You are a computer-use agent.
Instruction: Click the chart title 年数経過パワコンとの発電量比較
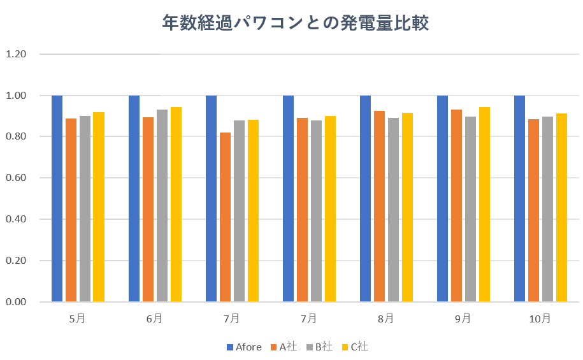[295, 24]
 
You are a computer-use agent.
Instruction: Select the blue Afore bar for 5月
[57, 198]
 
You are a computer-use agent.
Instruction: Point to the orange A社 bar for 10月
[533, 210]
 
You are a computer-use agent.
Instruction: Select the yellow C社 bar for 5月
[99, 206]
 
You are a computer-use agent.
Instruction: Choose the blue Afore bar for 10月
[520, 198]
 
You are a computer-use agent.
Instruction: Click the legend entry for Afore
[244, 347]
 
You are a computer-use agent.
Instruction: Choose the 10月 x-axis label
[540, 319]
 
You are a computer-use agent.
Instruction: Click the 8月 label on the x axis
[385, 319]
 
